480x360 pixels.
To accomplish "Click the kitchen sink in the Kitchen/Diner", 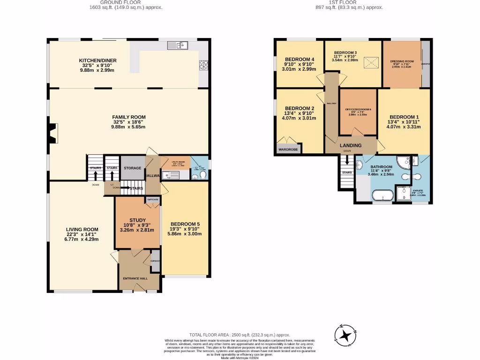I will (178, 45).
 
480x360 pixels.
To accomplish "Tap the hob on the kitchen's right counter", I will (204, 65).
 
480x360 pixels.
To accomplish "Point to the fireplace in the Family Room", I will (53, 133).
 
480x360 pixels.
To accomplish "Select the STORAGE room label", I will (133, 167).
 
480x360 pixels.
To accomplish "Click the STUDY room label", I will (137, 220).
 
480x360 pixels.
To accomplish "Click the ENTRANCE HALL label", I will (135, 278).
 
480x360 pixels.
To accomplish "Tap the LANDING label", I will (351, 145).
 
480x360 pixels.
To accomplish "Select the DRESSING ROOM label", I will (402, 61).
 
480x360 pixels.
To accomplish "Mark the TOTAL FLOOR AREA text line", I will (240, 335).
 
